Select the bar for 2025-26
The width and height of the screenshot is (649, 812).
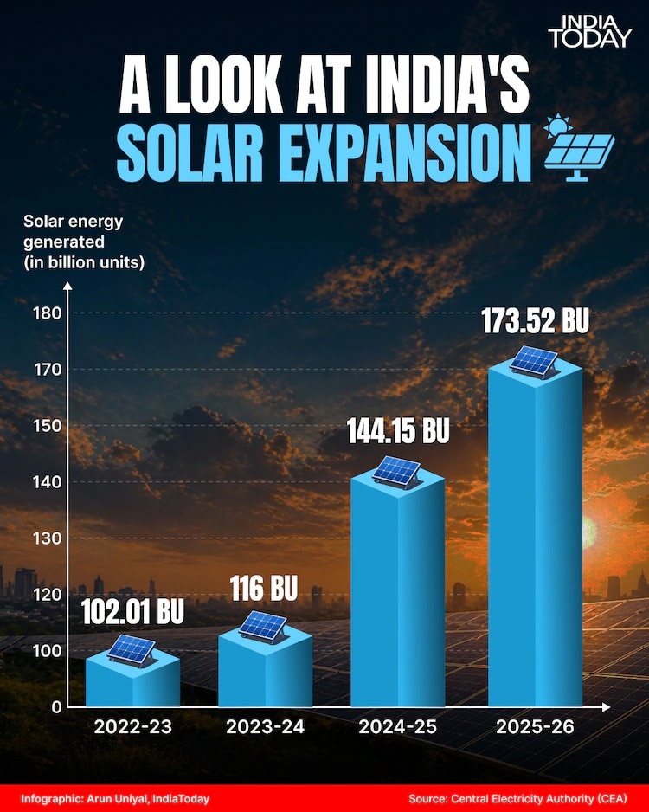click(x=535, y=537)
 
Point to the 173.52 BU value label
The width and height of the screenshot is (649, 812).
click(x=535, y=322)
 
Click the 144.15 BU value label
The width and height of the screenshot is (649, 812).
click(x=398, y=431)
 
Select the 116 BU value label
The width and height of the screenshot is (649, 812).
click(x=264, y=590)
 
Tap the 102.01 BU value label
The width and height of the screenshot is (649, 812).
click(x=133, y=612)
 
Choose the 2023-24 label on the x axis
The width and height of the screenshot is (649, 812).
click(x=265, y=727)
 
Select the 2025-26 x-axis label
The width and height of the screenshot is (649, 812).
click(x=535, y=727)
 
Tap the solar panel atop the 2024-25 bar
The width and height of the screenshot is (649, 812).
click(x=397, y=473)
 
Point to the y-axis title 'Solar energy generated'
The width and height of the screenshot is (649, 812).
click(x=84, y=241)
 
